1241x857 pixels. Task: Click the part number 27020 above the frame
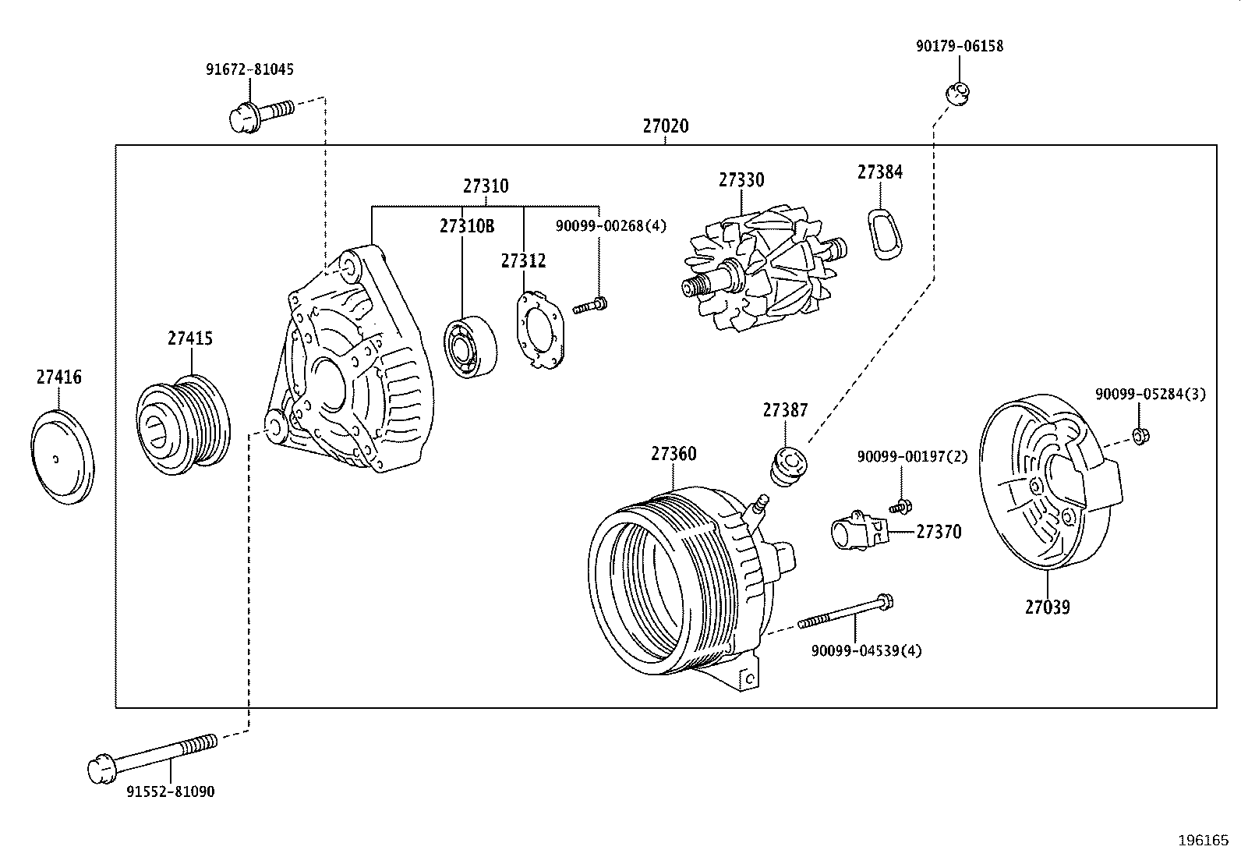pos(666,126)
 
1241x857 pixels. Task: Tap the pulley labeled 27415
pos(183,425)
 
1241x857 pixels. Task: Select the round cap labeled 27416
pos(62,457)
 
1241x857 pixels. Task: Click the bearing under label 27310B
pos(470,347)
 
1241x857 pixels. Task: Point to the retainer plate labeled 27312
pos(540,330)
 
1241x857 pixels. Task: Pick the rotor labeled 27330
pos(765,267)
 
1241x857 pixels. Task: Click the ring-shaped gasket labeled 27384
pos(885,235)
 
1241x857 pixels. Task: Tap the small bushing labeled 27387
pos(789,466)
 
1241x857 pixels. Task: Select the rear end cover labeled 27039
pos(1050,481)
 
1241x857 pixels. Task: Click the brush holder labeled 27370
pos(860,531)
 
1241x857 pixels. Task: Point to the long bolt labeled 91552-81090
pos(152,759)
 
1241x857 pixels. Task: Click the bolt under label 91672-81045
pos(261,115)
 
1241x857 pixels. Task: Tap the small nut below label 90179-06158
pos(958,93)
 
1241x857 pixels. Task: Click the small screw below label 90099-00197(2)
pos(901,506)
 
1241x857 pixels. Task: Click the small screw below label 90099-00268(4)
pos(590,306)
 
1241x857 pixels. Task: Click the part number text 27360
pos(674,454)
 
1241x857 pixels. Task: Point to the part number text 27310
pos(486,186)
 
